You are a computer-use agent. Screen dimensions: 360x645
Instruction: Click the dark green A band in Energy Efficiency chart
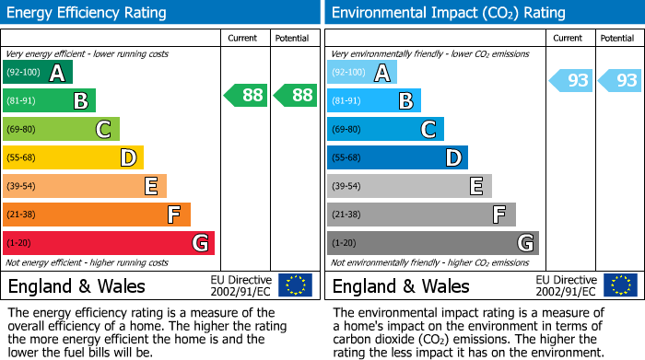tap(37, 73)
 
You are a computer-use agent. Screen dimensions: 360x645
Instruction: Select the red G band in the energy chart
tap(108, 243)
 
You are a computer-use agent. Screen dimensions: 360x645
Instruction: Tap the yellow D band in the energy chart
tap(73, 157)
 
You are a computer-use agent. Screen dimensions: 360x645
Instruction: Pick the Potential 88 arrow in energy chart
tap(295, 95)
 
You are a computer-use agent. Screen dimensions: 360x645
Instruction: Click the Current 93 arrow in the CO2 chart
tap(571, 81)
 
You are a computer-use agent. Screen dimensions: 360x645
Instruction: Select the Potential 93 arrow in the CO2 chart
tap(619, 81)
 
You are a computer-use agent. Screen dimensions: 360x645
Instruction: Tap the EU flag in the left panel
tap(295, 285)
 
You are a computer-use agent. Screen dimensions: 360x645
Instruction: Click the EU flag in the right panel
tap(619, 285)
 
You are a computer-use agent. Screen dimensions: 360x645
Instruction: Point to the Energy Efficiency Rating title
tap(88, 13)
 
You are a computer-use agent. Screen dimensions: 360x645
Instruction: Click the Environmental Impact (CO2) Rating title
tap(448, 13)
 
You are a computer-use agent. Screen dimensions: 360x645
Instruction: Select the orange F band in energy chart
tap(97, 215)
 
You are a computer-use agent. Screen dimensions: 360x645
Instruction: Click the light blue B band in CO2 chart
tap(373, 100)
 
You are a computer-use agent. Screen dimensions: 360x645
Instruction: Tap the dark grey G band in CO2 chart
tap(432, 243)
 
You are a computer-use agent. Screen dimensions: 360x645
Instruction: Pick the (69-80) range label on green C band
tap(22, 130)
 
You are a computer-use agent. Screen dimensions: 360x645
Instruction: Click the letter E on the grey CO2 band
tap(476, 186)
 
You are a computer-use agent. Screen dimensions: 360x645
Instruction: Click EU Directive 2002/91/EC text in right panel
tap(566, 285)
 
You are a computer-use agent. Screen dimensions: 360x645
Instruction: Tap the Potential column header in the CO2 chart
tap(617, 38)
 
